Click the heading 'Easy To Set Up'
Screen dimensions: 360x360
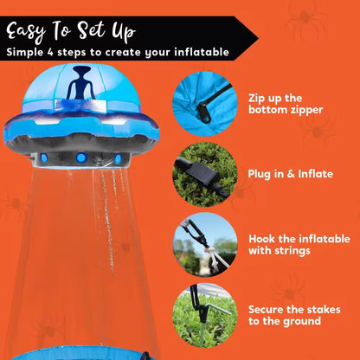[x=71, y=32]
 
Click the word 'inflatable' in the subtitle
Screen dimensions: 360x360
[x=201, y=53]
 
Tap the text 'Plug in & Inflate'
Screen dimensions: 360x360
[x=291, y=173]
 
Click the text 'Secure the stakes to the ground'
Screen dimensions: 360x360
[x=294, y=315]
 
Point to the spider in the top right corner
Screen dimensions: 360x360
[x=306, y=17]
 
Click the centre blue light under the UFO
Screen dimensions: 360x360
[x=82, y=157]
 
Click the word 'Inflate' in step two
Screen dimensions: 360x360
[x=314, y=173]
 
